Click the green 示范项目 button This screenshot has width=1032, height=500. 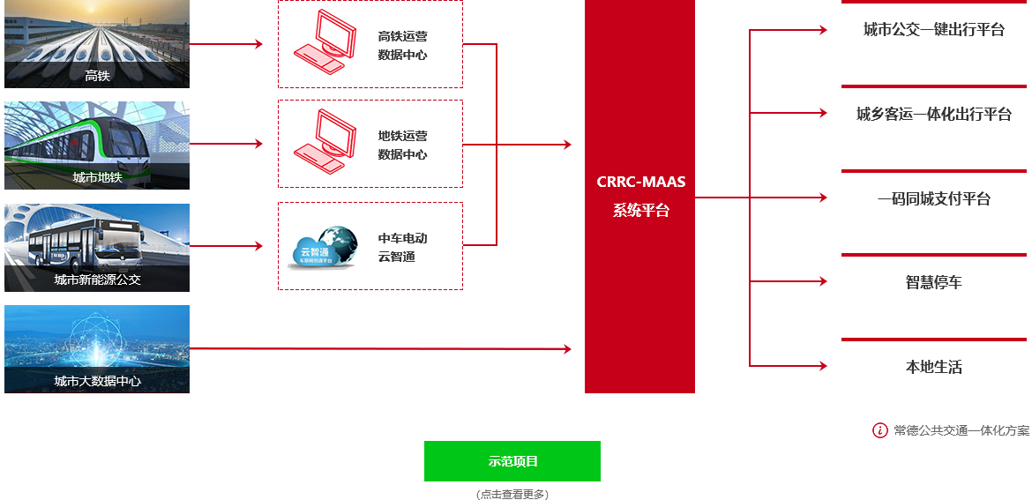pos(512,461)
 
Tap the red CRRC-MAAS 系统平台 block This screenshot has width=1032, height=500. pos(639,196)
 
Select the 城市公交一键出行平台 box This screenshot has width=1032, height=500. pos(933,30)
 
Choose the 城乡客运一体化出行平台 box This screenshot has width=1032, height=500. pos(933,114)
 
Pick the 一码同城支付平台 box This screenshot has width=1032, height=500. pos(933,198)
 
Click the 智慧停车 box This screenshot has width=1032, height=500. pos(933,282)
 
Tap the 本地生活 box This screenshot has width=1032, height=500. pos(933,367)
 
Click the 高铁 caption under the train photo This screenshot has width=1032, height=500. pos(97,76)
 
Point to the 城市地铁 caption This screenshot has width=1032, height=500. pos(97,177)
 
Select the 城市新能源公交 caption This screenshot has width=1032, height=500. pos(97,280)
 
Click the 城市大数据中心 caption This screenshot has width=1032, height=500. pos(97,381)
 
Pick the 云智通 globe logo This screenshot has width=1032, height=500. pos(324,247)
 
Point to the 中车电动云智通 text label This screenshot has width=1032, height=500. pos(403,248)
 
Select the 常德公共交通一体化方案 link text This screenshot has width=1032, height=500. pos(961,430)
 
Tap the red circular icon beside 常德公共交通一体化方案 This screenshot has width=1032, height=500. pos(879,430)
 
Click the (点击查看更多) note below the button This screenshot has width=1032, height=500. pos(512,494)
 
